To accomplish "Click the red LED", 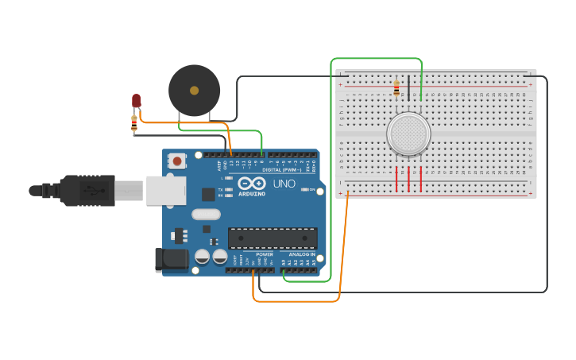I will point(137,100).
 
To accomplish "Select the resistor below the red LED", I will point(133,122).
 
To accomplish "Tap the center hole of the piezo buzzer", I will point(194,90).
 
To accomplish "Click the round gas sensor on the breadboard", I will point(408,132).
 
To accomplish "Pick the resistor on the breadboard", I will point(396,88).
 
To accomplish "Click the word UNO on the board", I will point(284,184).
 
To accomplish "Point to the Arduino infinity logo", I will point(251,183).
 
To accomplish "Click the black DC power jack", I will point(172,260).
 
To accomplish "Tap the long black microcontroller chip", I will point(273,238).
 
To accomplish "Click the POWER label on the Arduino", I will point(265,254).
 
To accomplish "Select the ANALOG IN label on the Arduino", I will point(301,254).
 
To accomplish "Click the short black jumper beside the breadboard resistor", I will point(409,88).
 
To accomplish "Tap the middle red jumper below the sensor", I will point(409,179).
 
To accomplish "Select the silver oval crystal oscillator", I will point(205,213).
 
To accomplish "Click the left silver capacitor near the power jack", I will point(203,257).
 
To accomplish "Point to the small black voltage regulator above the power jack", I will point(179,235).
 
